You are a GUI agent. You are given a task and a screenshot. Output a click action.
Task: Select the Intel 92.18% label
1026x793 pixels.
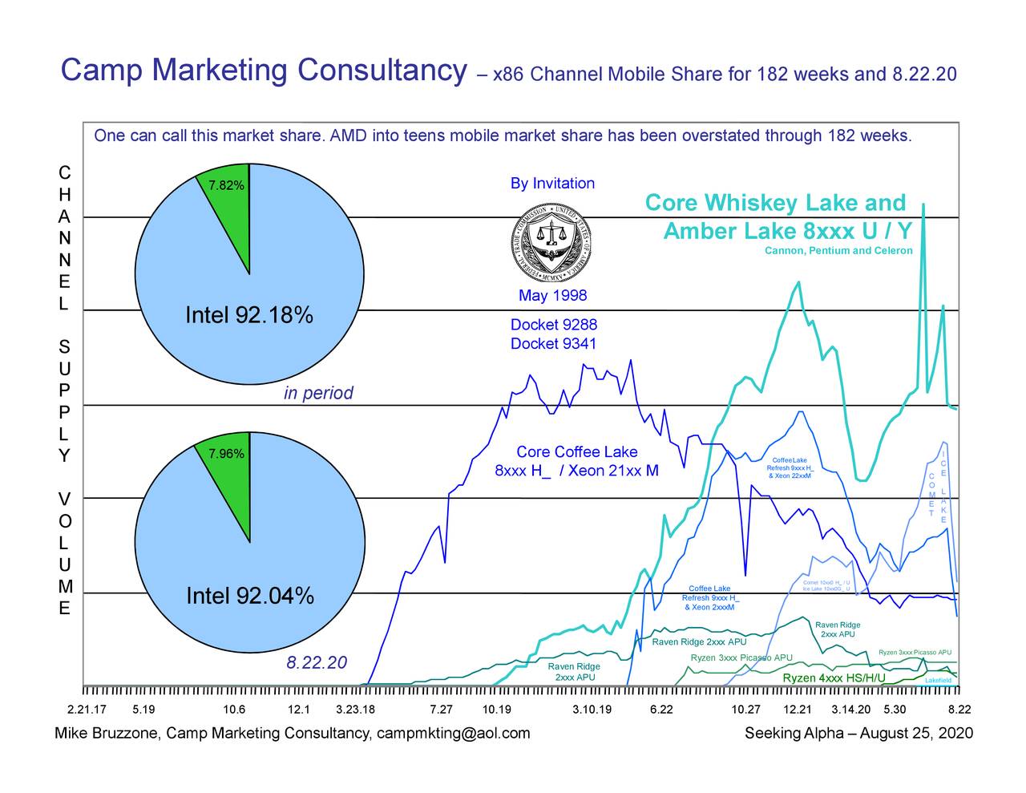[248, 315]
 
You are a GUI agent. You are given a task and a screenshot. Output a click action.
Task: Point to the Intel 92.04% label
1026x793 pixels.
[249, 597]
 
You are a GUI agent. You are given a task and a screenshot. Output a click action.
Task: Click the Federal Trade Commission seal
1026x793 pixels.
[551, 240]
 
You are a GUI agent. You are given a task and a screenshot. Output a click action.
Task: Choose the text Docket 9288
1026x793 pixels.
[553, 325]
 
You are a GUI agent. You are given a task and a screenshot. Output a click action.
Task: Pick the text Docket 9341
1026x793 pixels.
[553, 344]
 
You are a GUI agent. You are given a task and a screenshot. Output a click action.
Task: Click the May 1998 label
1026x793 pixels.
[552, 296]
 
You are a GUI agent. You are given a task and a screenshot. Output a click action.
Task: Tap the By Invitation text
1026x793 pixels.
[552, 184]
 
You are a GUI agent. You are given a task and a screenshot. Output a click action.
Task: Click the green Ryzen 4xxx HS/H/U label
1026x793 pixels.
[834, 679]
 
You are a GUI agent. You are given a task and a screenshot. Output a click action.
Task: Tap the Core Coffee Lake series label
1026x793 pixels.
[576, 452]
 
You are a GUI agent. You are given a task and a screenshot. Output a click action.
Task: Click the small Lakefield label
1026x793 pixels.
[938, 681]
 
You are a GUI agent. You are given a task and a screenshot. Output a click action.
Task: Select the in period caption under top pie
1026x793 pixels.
[318, 394]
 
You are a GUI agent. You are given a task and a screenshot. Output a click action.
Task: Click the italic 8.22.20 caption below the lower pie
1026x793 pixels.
[317, 663]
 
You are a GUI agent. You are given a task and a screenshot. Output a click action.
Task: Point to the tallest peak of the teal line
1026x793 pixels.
[923, 205]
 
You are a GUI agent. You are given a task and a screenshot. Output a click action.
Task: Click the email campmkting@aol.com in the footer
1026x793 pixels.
[453, 734]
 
